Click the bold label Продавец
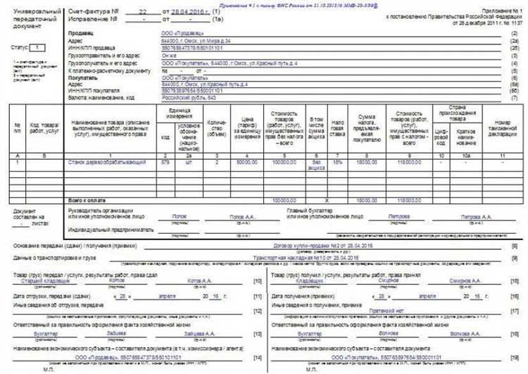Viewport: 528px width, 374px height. click(80, 33)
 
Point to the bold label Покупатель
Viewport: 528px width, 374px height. click(82, 78)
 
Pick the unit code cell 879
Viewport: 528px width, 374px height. click(165, 162)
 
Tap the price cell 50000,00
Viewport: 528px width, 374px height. click(246, 162)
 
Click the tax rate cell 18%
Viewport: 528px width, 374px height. click(337, 162)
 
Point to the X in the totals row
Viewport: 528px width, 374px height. click(337, 200)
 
